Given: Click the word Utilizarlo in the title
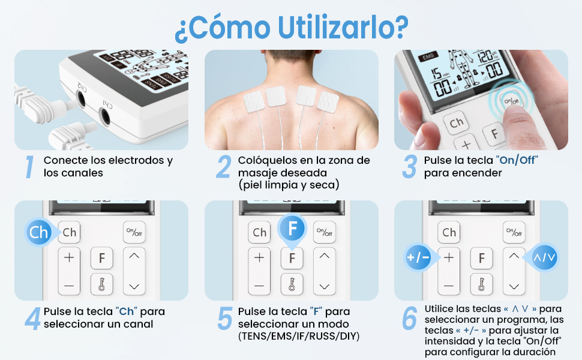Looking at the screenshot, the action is [342, 27].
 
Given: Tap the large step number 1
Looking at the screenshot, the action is [29, 167].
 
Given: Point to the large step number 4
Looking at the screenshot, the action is [32, 319].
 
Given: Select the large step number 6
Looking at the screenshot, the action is [409, 319].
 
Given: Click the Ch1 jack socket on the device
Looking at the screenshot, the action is [106, 116].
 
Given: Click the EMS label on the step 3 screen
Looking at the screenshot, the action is [428, 56].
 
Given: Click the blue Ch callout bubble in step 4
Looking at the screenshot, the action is [39, 233].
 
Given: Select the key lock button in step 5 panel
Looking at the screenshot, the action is [292, 284].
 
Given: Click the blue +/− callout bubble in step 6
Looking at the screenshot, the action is [419, 257].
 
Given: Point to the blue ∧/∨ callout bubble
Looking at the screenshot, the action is [544, 257].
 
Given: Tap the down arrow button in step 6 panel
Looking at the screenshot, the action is [514, 286].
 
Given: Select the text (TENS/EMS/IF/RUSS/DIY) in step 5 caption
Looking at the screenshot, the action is [299, 336].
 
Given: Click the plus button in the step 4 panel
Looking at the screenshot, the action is [69, 257].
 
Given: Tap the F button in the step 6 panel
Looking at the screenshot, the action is [481, 257].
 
